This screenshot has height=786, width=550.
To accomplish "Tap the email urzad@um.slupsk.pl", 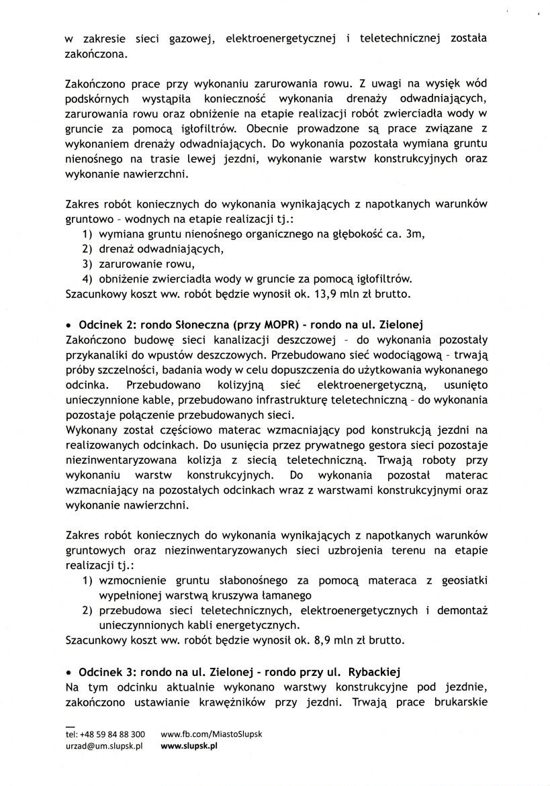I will tap(105, 746).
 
